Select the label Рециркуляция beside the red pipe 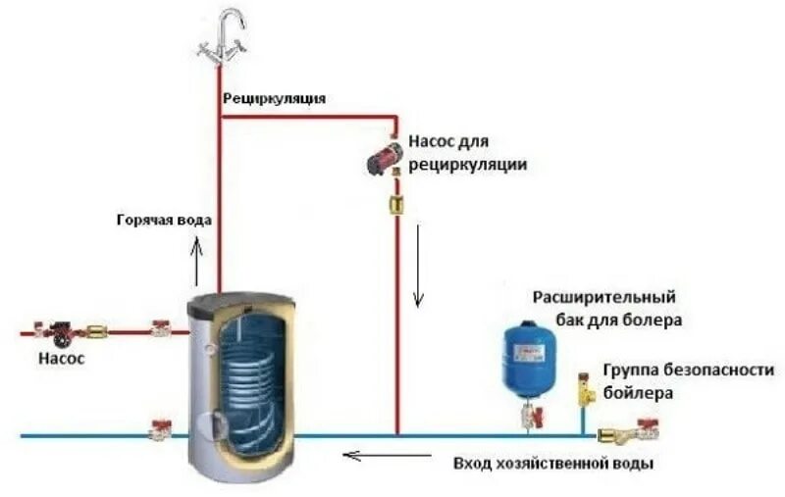tap(274, 98)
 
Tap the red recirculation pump tap(380, 160)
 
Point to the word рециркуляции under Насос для tap(468, 166)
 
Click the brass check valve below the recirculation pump tap(397, 204)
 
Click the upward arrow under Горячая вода tap(196, 259)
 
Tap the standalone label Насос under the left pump tap(61, 359)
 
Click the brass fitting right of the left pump tap(97, 331)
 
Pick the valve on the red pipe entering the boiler tap(158, 329)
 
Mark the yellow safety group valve tap(586, 390)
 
